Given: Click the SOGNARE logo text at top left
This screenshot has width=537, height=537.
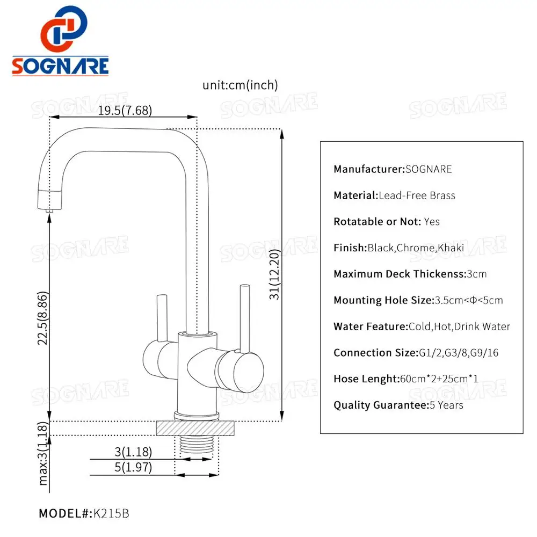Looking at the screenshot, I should (x=60, y=66).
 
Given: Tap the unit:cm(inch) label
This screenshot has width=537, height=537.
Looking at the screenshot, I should (x=240, y=85).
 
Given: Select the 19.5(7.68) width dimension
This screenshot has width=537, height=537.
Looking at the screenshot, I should (x=125, y=111).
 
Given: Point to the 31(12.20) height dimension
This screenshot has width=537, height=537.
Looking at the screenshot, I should (x=274, y=274).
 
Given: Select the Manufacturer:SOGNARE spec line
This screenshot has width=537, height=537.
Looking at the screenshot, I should (x=393, y=169).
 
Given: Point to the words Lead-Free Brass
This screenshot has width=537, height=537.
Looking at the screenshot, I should (x=417, y=195).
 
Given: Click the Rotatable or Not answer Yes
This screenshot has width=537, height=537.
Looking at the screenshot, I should (x=432, y=221).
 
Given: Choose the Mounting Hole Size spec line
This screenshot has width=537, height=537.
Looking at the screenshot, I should (x=418, y=300).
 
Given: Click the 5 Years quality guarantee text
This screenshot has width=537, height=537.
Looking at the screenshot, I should (x=446, y=405).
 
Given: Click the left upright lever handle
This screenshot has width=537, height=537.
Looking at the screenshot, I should (x=159, y=317).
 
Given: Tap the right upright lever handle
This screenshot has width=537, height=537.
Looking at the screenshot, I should (x=244, y=317).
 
